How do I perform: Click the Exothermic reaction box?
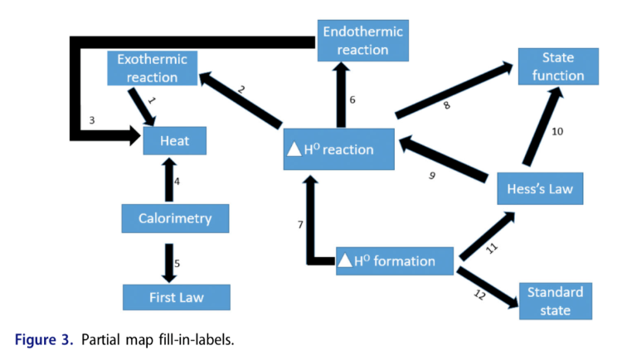coord(152,68)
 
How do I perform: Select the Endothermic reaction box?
coord(362,41)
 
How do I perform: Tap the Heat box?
coord(175,141)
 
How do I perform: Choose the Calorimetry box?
coord(174,218)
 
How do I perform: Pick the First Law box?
coord(174,296)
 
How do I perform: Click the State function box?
coord(557,66)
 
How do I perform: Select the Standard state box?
coord(556,300)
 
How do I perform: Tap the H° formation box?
coord(395,260)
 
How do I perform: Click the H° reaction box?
coord(337,150)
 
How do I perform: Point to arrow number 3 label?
coord(92,121)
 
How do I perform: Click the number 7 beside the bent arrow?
coord(300,225)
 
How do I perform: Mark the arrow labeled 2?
coord(241,99)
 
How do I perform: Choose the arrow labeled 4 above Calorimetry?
coord(168,180)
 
